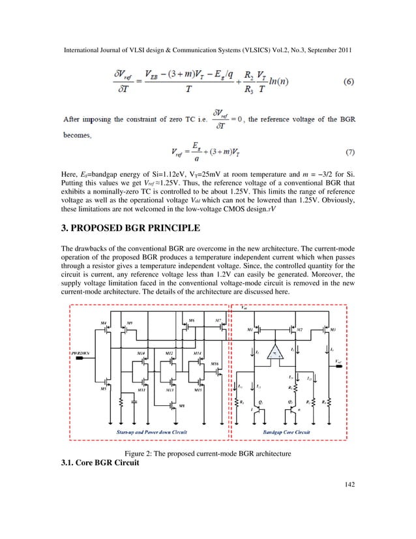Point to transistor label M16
(215, 363)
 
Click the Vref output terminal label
(337, 361)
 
